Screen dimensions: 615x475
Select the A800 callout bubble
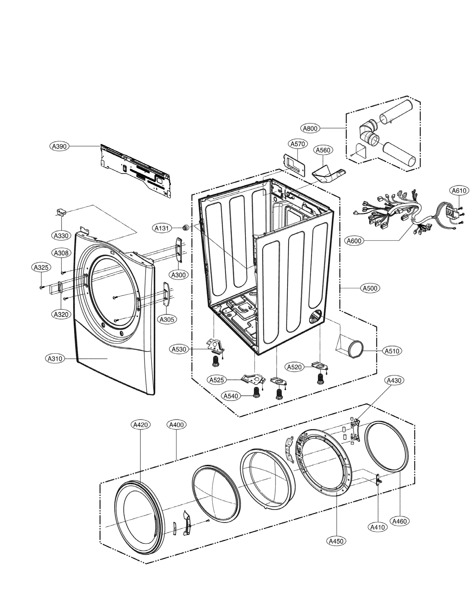pyautogui.click(x=310, y=128)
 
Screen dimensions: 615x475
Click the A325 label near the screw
pyautogui.click(x=41, y=267)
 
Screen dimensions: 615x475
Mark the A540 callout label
pyautogui.click(x=231, y=396)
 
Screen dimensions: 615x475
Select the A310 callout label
pyautogui.click(x=55, y=359)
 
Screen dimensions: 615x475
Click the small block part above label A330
pyautogui.click(x=61, y=212)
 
